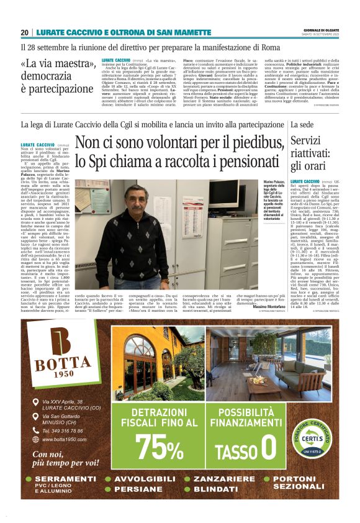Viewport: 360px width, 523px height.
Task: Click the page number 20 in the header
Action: coord(24,32)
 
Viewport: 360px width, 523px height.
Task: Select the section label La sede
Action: coord(302,125)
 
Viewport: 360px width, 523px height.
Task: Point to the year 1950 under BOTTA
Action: coord(62,373)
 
